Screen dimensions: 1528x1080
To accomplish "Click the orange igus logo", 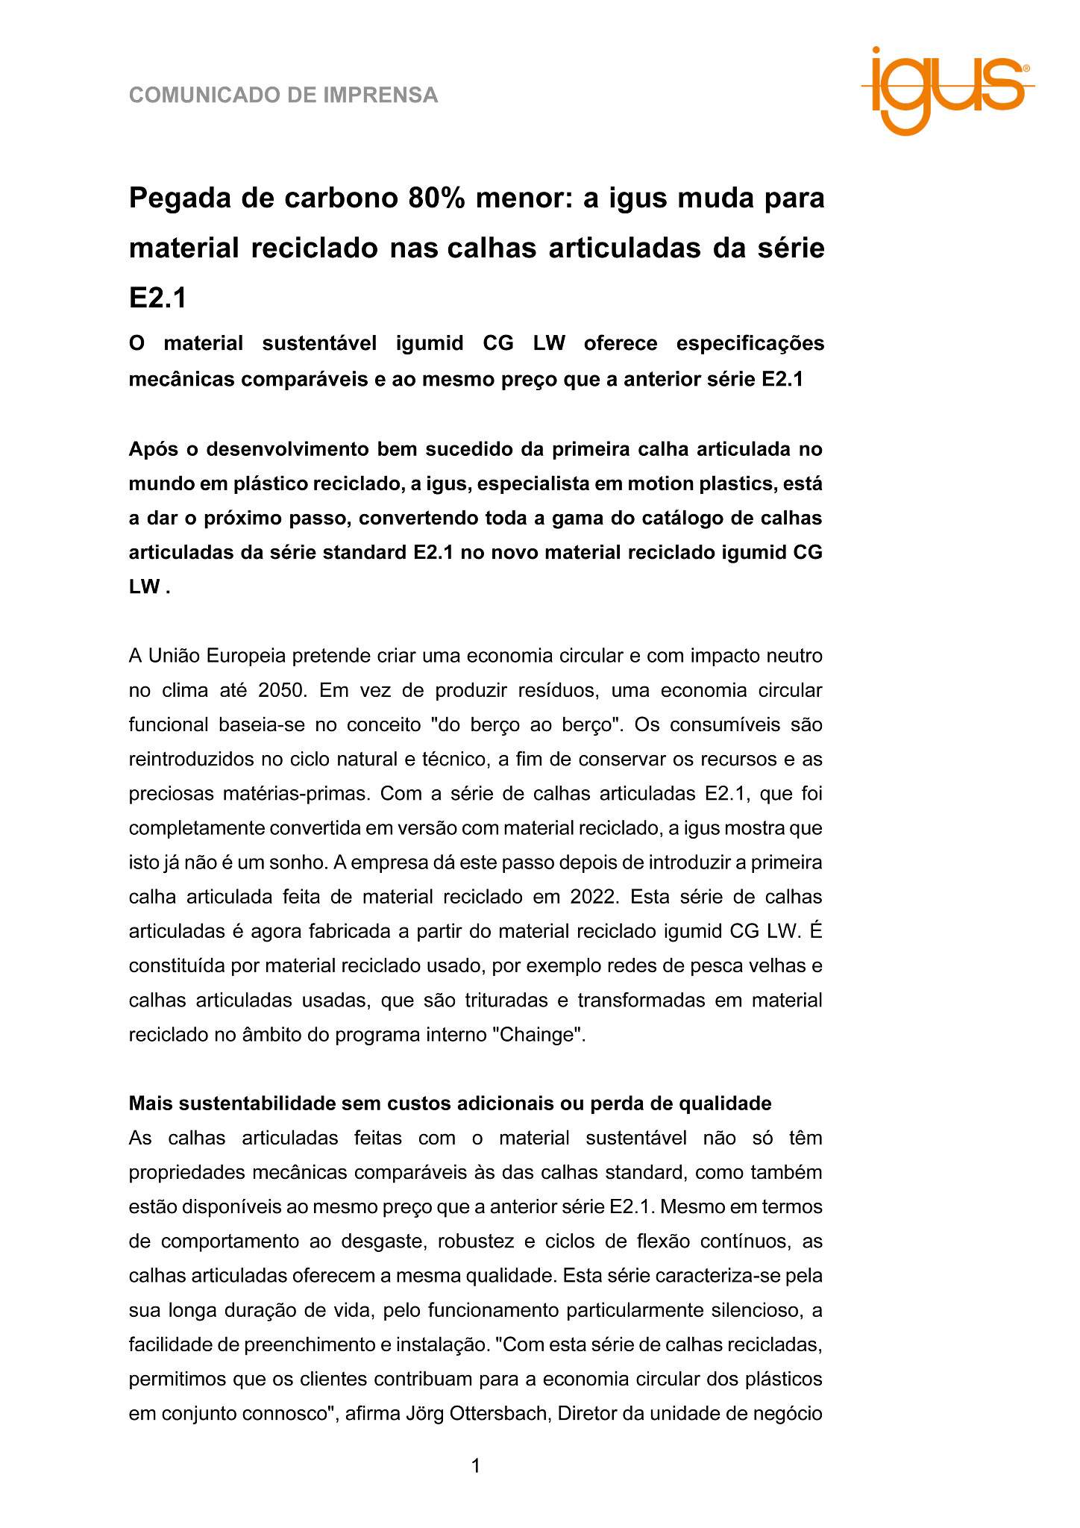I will point(947,90).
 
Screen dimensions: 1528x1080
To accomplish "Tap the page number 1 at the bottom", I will point(476,1466).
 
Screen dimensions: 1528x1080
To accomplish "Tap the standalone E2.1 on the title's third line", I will point(157,298).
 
